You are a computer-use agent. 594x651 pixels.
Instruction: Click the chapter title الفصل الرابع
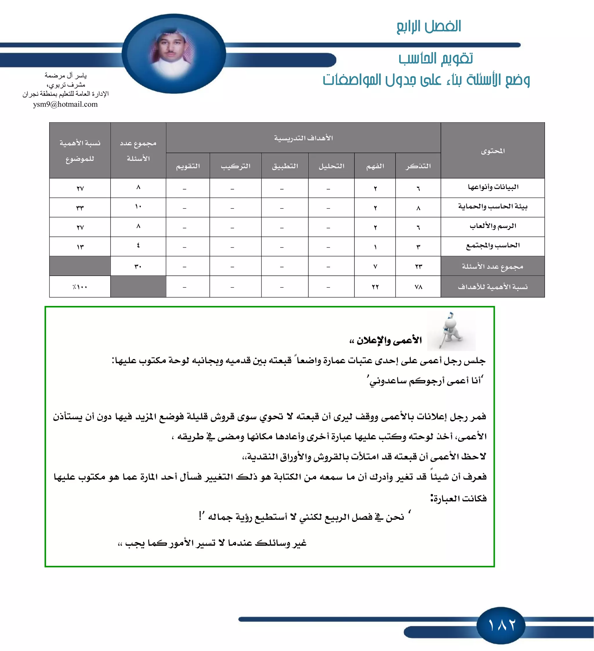point(428,26)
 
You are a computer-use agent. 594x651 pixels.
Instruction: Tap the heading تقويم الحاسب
point(435,58)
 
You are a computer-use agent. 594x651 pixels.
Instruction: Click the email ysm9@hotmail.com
point(65,104)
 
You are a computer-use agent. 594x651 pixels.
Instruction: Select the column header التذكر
point(418,166)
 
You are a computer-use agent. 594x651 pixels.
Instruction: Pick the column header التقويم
point(188,166)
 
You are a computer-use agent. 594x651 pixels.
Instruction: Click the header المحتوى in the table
point(493,151)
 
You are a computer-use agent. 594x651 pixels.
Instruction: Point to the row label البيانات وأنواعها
point(493,187)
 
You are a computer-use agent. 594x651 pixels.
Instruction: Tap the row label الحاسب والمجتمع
point(493,246)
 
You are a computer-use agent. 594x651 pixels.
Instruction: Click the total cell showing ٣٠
point(138,266)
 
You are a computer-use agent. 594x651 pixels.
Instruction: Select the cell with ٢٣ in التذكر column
point(418,266)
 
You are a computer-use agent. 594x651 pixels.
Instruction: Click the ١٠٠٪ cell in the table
point(80,287)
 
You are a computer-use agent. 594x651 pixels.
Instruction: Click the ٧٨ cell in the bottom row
point(418,287)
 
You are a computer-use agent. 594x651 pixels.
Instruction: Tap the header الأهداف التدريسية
point(303,138)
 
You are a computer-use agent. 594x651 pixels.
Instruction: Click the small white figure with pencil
point(451,331)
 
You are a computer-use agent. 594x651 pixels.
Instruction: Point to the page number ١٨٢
point(501,625)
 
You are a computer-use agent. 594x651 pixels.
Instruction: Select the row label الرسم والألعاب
point(493,226)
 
